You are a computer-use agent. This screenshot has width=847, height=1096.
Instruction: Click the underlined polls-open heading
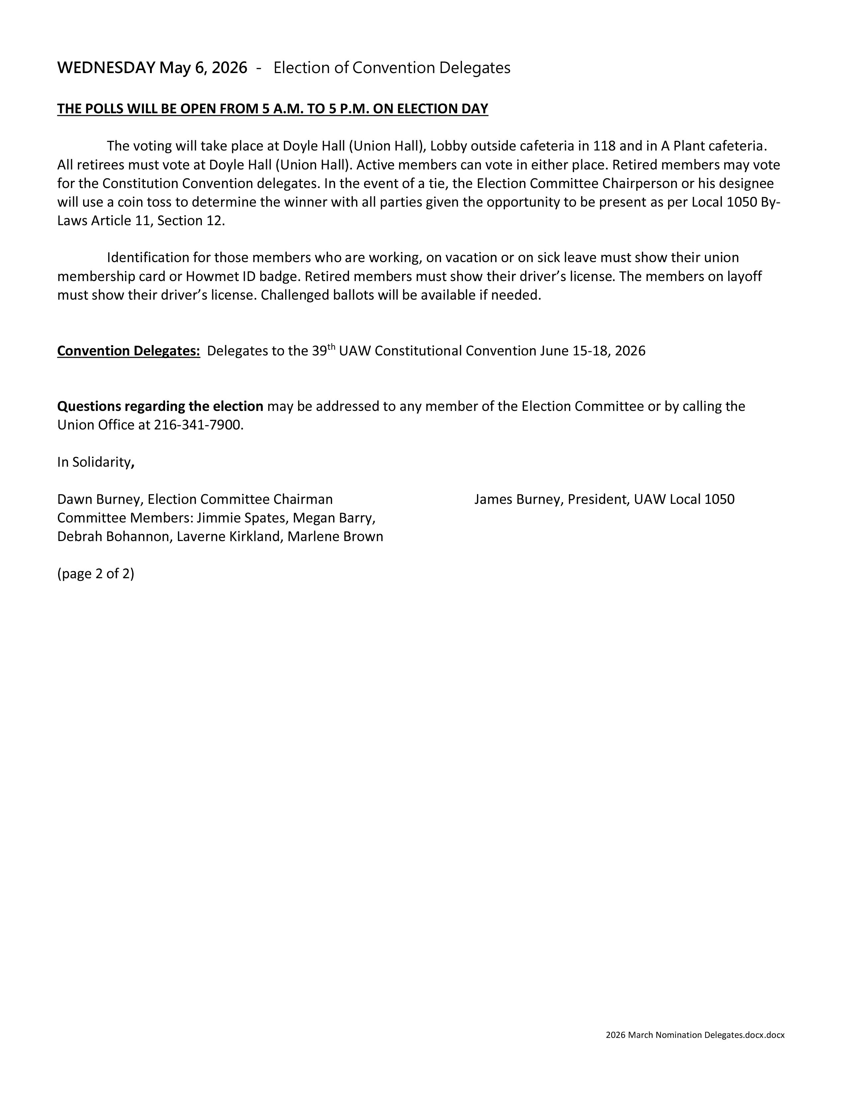click(x=272, y=109)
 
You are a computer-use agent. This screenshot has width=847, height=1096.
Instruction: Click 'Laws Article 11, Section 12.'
click(x=141, y=221)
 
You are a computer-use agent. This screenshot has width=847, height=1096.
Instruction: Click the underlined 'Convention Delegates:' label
click(x=129, y=351)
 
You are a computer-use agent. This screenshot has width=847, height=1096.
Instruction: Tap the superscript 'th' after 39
click(x=331, y=346)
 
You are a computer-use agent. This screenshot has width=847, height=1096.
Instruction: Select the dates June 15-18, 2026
click(x=593, y=351)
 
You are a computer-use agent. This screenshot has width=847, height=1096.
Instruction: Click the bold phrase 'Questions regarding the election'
click(x=160, y=406)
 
